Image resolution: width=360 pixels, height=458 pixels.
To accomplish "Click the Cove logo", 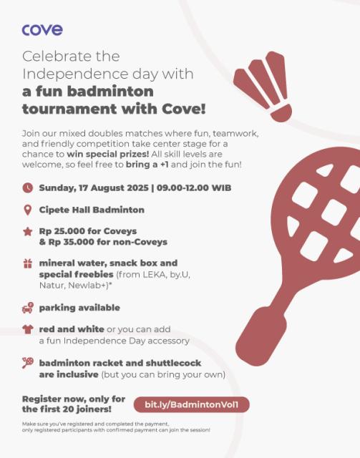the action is click(x=42, y=29).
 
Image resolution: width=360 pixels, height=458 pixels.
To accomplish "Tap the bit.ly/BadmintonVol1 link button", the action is click(x=195, y=404).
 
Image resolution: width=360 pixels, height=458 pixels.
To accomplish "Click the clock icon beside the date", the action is click(x=28, y=188).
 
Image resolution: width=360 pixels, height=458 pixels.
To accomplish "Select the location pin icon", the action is click(x=28, y=210).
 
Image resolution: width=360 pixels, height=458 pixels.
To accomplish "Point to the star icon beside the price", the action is click(x=28, y=232).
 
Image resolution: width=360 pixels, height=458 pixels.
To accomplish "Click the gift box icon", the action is click(x=28, y=263).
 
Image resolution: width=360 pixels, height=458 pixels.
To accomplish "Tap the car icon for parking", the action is click(x=28, y=308).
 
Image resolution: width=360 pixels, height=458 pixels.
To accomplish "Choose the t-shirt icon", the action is click(x=28, y=330).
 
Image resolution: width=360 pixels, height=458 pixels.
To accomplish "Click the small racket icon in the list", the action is click(x=28, y=362).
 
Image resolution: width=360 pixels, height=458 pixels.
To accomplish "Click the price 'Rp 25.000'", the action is click(x=64, y=232).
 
